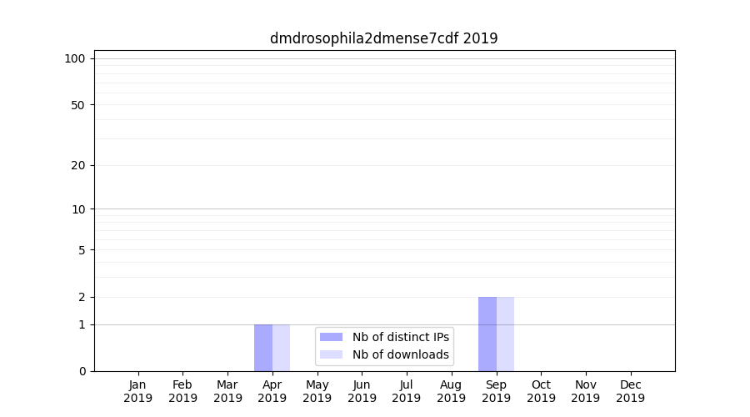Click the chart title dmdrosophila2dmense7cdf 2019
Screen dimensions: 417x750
click(x=383, y=38)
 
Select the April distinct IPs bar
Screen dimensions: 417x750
click(x=263, y=348)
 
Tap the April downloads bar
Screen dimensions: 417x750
click(x=282, y=348)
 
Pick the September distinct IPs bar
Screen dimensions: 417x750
click(x=487, y=334)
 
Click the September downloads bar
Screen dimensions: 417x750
click(x=506, y=334)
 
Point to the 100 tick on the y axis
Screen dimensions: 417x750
click(x=75, y=58)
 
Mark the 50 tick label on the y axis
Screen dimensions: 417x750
click(x=78, y=105)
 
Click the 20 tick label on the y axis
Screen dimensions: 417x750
click(x=78, y=165)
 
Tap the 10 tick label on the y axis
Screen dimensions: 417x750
click(x=78, y=209)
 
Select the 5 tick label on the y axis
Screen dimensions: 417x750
click(x=82, y=250)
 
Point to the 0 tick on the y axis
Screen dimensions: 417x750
click(x=82, y=371)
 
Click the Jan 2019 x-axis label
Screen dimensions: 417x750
click(x=138, y=391)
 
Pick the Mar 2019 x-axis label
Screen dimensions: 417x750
click(x=227, y=391)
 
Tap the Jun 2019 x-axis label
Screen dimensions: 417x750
click(x=362, y=391)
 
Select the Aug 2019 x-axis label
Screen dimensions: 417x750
click(x=452, y=391)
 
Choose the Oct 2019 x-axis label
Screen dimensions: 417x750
click(x=541, y=391)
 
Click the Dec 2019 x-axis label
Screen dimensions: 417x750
click(x=631, y=391)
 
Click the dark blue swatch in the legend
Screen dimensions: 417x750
click(x=331, y=337)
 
